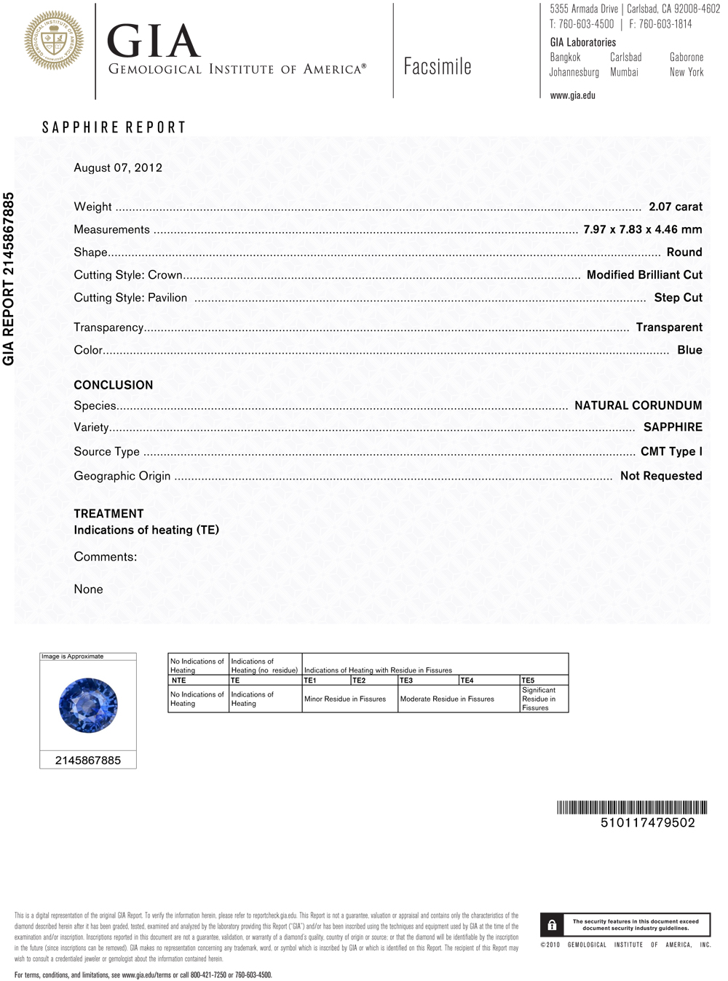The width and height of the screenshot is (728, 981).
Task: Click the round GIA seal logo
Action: point(54,41)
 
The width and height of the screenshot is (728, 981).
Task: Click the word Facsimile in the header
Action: point(438,67)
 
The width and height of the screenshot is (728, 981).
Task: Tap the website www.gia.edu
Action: point(572,95)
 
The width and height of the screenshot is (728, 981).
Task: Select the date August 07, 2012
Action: point(118,167)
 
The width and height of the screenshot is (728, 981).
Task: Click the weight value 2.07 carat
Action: point(676,207)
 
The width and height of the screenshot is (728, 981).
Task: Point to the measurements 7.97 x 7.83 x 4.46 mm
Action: point(643,229)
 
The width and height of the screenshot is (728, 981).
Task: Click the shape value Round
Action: point(684,253)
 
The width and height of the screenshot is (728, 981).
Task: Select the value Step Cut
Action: point(678,298)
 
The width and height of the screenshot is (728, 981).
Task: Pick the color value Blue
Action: point(689,350)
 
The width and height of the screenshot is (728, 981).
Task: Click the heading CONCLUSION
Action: point(114,385)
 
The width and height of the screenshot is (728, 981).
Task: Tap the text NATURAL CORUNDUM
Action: point(638,405)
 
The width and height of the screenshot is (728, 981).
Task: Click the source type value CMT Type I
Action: point(671,451)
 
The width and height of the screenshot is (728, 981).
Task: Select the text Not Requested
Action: point(661,476)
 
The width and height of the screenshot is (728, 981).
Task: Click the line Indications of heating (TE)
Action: point(146,530)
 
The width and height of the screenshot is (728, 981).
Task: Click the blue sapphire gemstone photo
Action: point(88,704)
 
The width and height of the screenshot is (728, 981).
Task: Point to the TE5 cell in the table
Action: point(529,680)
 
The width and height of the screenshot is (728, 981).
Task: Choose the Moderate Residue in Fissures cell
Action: point(447,699)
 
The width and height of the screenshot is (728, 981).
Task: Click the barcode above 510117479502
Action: point(632,807)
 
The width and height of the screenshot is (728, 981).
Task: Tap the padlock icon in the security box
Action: point(552,925)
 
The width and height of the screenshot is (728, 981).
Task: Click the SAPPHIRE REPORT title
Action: point(114,127)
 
